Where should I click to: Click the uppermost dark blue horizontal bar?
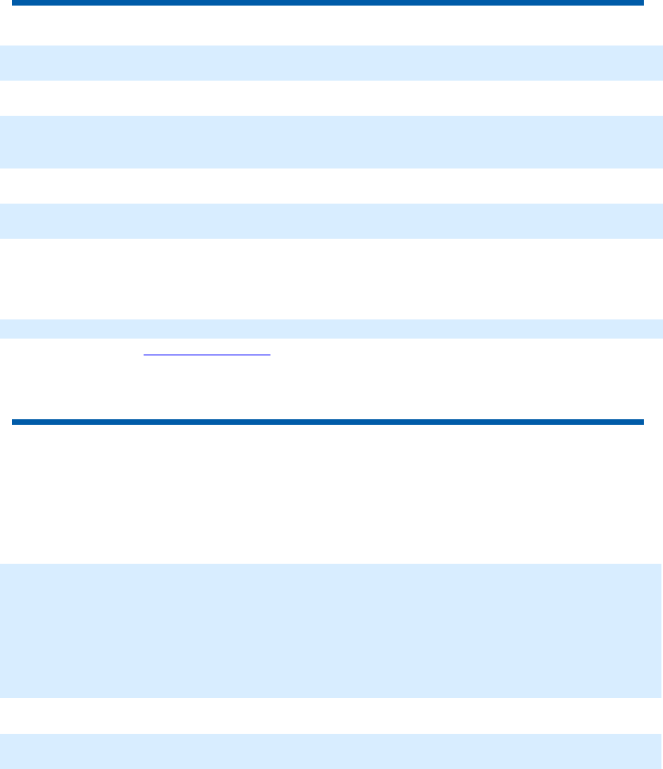click(327, 3)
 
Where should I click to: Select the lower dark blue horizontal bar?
click(327, 422)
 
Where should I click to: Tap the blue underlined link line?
click(207, 355)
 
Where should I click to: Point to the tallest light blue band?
click(331, 631)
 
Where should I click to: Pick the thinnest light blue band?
click(331, 328)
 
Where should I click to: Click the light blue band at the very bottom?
click(331, 751)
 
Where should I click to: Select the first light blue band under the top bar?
click(331, 62)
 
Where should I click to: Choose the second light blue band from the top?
click(331, 141)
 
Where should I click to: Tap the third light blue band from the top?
click(331, 220)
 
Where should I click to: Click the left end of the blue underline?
click(144, 355)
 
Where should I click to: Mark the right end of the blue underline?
click(270, 355)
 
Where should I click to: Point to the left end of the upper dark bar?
click(14, 3)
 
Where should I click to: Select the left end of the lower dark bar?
click(14, 422)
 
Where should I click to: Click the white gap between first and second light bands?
click(331, 97)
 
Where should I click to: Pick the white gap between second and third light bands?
click(331, 185)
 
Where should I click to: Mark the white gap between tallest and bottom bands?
click(331, 715)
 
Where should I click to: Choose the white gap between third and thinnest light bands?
click(331, 279)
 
